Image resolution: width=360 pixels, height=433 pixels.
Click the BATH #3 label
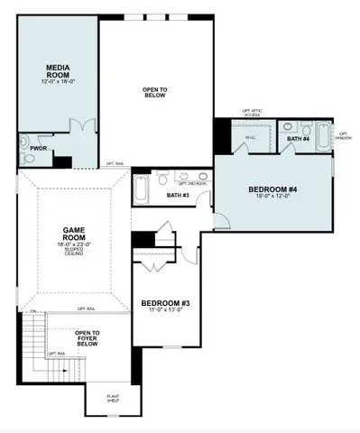(x=179, y=194)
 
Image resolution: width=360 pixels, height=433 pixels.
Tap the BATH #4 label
(x=298, y=139)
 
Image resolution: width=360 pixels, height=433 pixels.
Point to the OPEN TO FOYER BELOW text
(x=88, y=338)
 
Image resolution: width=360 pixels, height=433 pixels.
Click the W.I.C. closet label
(x=251, y=137)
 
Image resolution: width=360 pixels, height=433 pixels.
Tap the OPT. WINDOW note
(x=344, y=135)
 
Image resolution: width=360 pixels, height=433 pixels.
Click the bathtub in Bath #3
(x=142, y=188)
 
